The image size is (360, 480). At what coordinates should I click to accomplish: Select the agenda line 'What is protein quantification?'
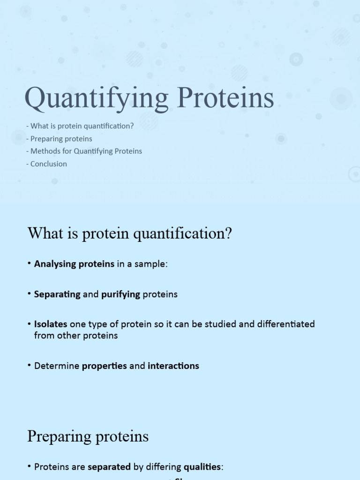80,126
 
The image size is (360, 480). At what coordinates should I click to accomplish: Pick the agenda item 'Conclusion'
47,164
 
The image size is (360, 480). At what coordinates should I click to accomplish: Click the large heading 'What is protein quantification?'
130,233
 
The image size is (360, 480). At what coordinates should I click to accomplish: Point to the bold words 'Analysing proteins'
74,264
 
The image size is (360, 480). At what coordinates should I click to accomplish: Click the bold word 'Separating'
57,295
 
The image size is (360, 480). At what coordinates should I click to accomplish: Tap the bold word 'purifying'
120,295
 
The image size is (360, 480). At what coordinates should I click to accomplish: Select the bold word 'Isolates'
51,324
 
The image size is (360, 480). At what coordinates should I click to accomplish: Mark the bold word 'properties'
105,366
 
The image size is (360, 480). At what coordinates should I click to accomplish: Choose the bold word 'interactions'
173,366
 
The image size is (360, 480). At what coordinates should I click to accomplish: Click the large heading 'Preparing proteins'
88,436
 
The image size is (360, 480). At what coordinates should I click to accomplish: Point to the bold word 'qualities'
202,467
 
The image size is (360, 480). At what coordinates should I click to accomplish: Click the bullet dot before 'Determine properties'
29,366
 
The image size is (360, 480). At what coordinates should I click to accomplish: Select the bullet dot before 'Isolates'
29,324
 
